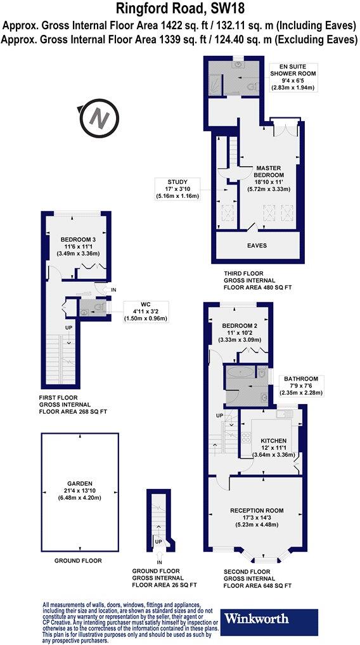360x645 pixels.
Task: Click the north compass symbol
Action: click(x=98, y=118)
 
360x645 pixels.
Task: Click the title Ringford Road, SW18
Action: click(x=180, y=10)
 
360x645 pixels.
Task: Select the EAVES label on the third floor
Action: click(x=257, y=245)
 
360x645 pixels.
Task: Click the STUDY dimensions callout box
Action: click(x=179, y=189)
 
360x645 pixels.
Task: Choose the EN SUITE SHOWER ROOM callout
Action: click(x=293, y=78)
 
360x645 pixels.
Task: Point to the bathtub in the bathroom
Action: click(x=243, y=381)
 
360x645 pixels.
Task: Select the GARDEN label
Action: click(x=79, y=491)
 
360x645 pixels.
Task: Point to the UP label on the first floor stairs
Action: click(x=68, y=327)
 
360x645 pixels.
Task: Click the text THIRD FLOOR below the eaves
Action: click(x=244, y=273)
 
